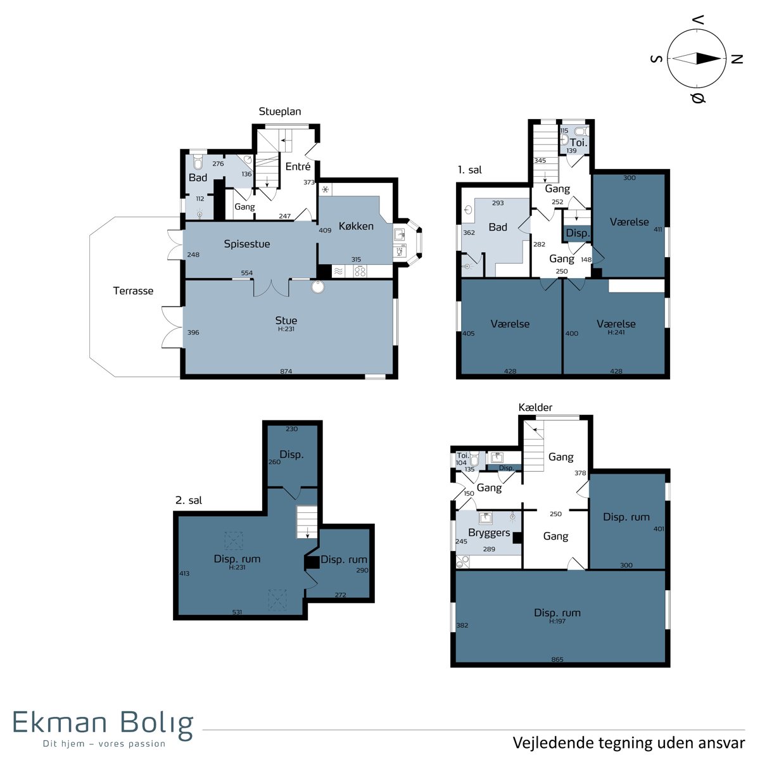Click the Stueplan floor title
[280, 111]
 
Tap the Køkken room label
[356, 226]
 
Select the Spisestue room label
[247, 244]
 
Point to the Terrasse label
[133, 291]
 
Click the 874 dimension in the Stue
[286, 370]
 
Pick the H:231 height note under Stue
[286, 329]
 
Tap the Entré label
[298, 167]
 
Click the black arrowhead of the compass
[708, 59]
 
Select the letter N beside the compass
[737, 59]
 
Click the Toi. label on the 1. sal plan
[579, 142]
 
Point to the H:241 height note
[616, 332]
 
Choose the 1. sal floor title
[470, 170]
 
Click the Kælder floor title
[535, 407]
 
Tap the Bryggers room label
[489, 533]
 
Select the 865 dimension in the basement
[557, 659]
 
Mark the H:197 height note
[557, 621]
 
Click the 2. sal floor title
[189, 500]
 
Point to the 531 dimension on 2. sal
[237, 612]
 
